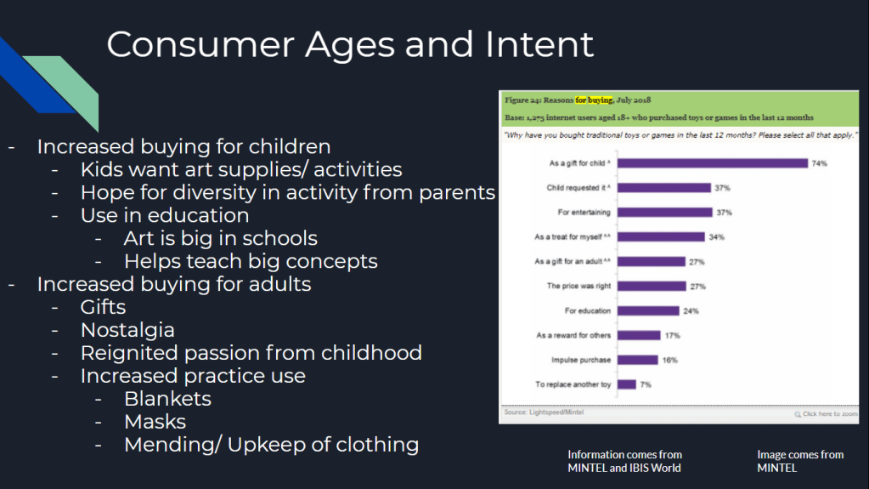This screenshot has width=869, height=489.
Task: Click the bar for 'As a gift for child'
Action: (713, 163)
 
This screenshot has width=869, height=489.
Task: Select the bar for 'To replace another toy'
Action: (627, 384)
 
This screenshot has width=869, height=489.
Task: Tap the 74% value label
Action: (819, 163)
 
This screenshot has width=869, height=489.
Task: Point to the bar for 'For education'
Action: (648, 310)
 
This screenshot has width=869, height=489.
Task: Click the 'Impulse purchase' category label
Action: (581, 360)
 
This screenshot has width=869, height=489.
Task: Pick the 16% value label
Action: (669, 361)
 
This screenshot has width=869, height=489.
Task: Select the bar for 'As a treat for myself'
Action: (661, 237)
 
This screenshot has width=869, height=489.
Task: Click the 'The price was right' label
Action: (578, 286)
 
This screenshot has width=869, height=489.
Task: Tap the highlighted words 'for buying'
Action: (594, 100)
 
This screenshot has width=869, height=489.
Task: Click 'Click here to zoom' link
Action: (826, 414)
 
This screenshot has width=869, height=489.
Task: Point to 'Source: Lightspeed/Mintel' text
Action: (544, 412)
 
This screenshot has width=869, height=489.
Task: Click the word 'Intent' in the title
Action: (539, 44)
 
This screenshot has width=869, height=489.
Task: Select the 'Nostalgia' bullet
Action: (127, 330)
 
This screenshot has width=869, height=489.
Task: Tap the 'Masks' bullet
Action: (155, 422)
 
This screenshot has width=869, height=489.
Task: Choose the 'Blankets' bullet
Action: (167, 399)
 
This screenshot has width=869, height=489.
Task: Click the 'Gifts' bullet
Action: (103, 307)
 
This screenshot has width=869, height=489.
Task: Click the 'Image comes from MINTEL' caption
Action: (800, 461)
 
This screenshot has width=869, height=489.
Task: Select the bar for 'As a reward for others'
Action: (639, 335)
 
